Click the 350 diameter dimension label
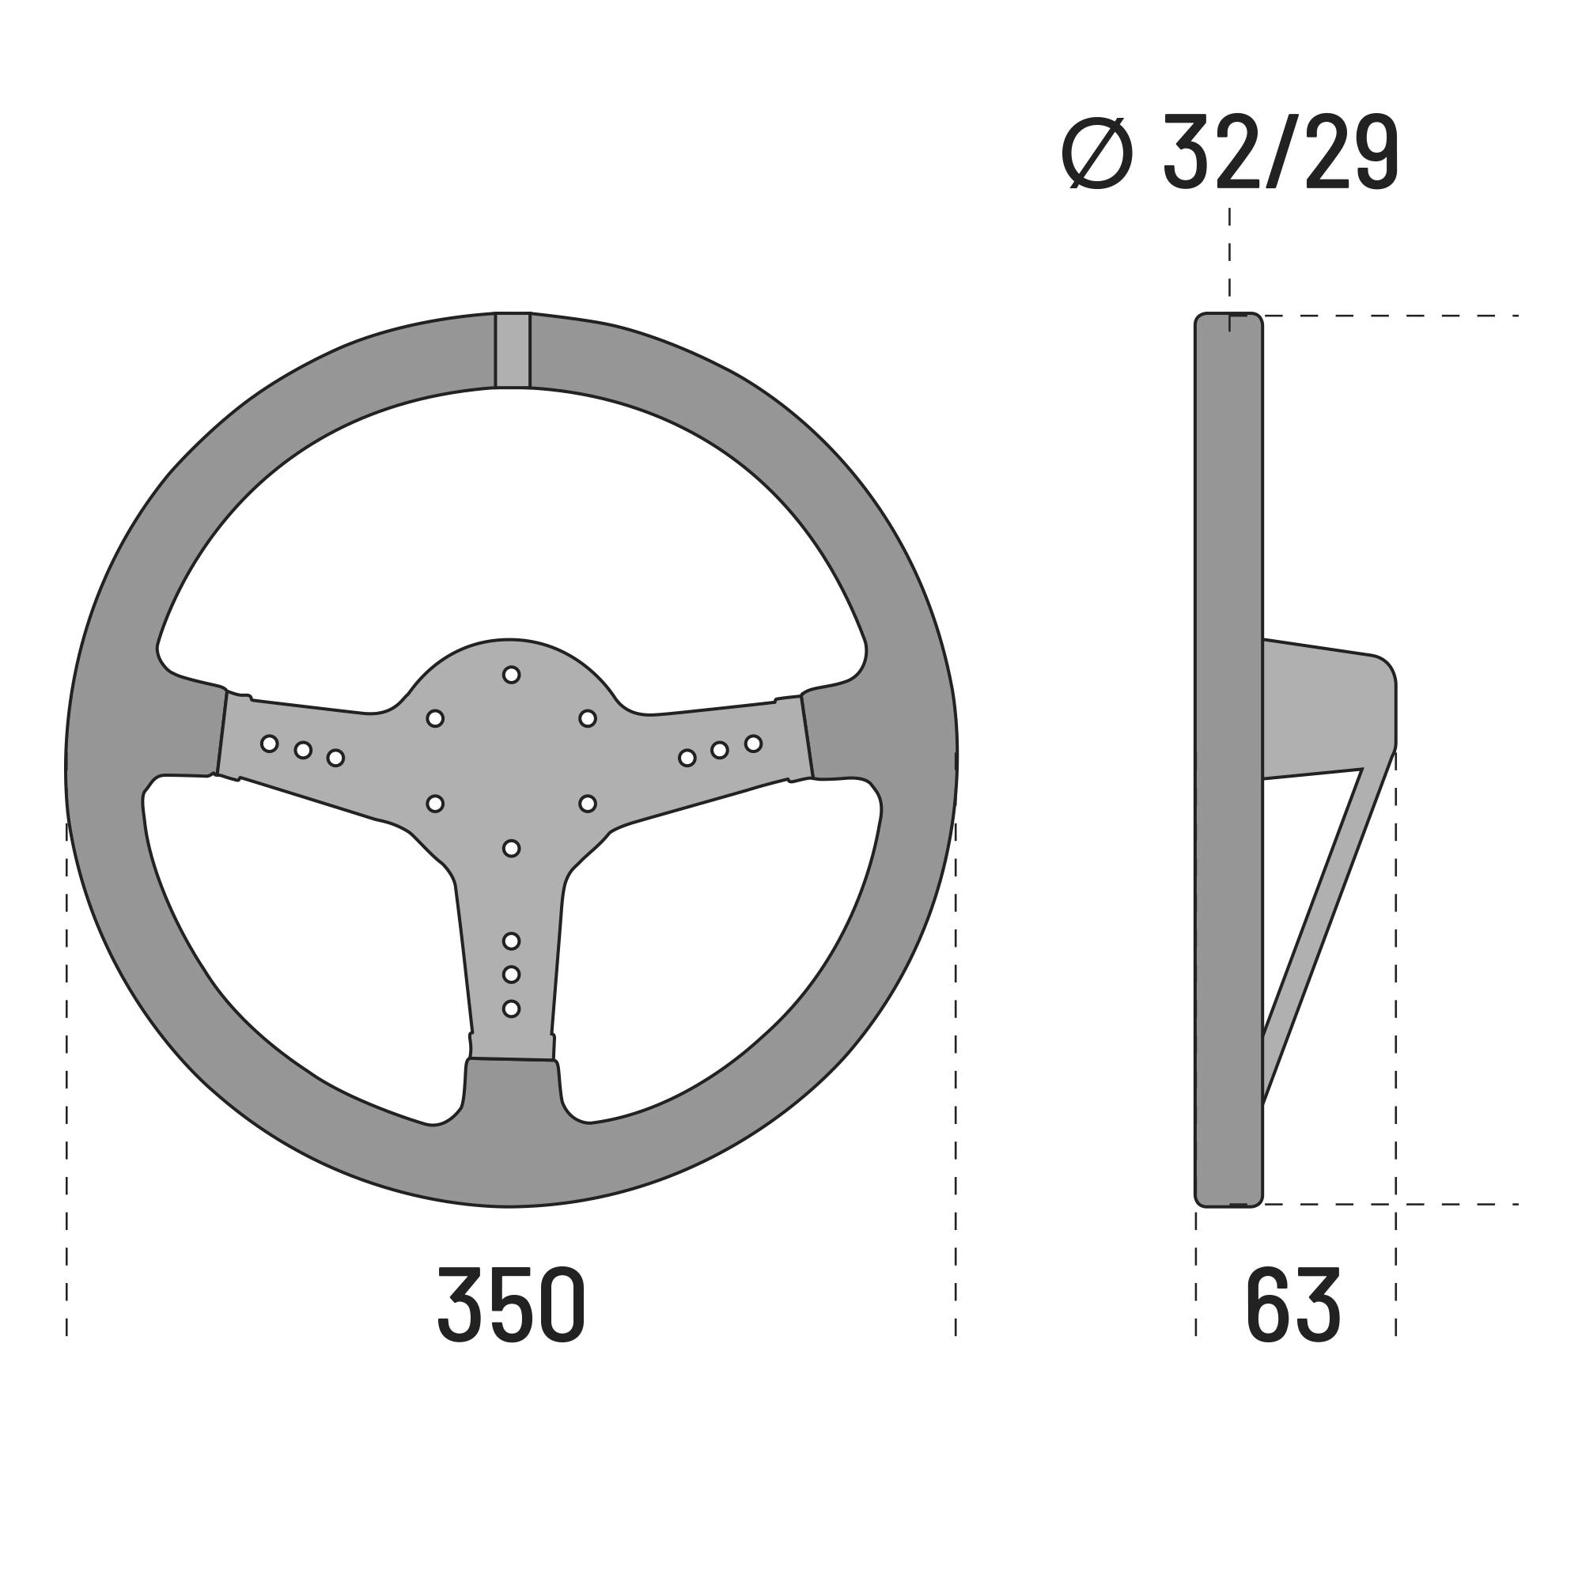(x=511, y=1305)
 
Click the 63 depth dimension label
(x=1293, y=1305)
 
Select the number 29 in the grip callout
(x=1351, y=153)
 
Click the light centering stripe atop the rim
(x=513, y=350)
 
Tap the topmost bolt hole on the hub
(x=511, y=675)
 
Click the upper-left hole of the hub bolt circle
(x=436, y=718)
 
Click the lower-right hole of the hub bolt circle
(x=587, y=804)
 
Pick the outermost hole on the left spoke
(x=270, y=744)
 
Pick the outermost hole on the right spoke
(x=753, y=744)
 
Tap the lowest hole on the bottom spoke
(x=511, y=1009)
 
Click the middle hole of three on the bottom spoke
(x=511, y=975)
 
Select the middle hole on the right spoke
(x=720, y=750)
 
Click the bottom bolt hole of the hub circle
(x=511, y=848)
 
